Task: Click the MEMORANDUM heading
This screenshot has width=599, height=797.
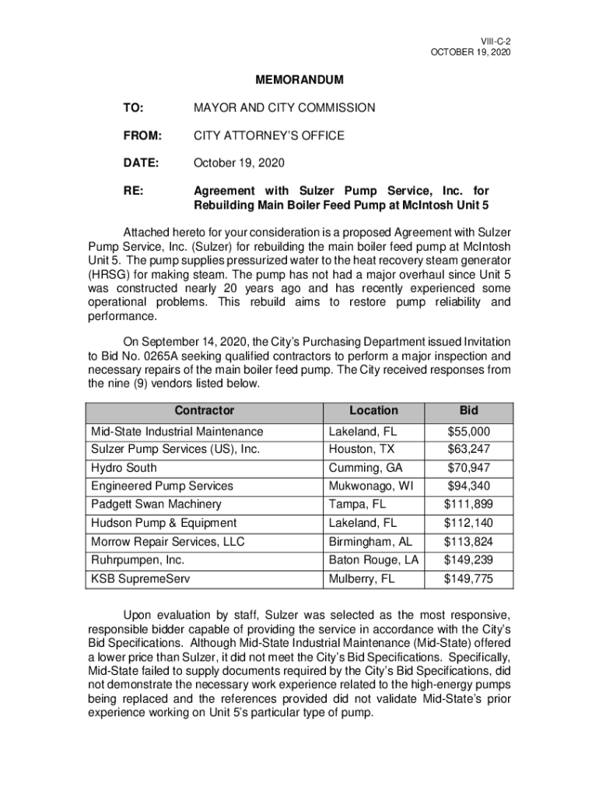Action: point(299,80)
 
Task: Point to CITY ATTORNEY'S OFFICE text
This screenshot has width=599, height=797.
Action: point(268,135)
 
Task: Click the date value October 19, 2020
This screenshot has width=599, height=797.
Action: point(239,163)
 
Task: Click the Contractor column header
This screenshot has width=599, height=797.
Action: point(204,411)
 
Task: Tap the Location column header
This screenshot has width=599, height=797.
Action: point(373,411)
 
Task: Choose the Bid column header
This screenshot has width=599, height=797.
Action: point(469,411)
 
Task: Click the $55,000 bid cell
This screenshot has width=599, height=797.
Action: point(469,431)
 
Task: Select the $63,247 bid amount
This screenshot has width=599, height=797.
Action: point(469,448)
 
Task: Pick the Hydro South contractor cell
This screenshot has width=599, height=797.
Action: point(124,468)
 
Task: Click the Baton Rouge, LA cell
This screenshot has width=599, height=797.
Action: point(373,560)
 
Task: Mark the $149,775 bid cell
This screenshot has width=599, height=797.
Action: point(469,579)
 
